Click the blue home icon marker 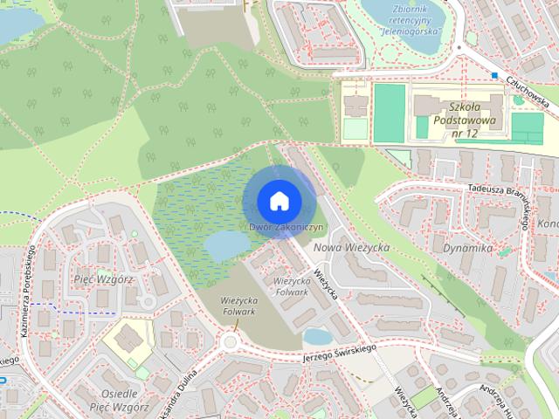point(279,201)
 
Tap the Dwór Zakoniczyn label point(286,227)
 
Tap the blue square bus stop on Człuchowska point(494,76)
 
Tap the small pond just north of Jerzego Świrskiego point(318,336)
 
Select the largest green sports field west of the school point(390,112)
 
